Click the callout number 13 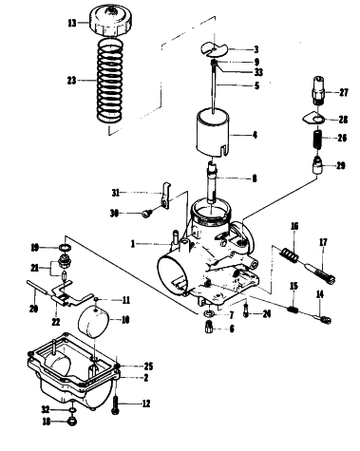coord(72,23)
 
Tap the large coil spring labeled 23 coord(109,80)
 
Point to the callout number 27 coord(343,92)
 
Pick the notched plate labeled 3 coord(215,49)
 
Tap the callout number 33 coord(258,72)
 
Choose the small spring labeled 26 coord(317,139)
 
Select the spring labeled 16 coord(290,254)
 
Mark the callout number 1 coord(133,244)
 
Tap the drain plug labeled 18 coord(72,422)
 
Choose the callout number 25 coord(148,366)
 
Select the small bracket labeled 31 coord(165,196)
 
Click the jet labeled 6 coord(210,326)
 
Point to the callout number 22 coord(56,322)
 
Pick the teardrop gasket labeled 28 coord(313,119)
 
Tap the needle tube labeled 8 coord(212,180)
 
